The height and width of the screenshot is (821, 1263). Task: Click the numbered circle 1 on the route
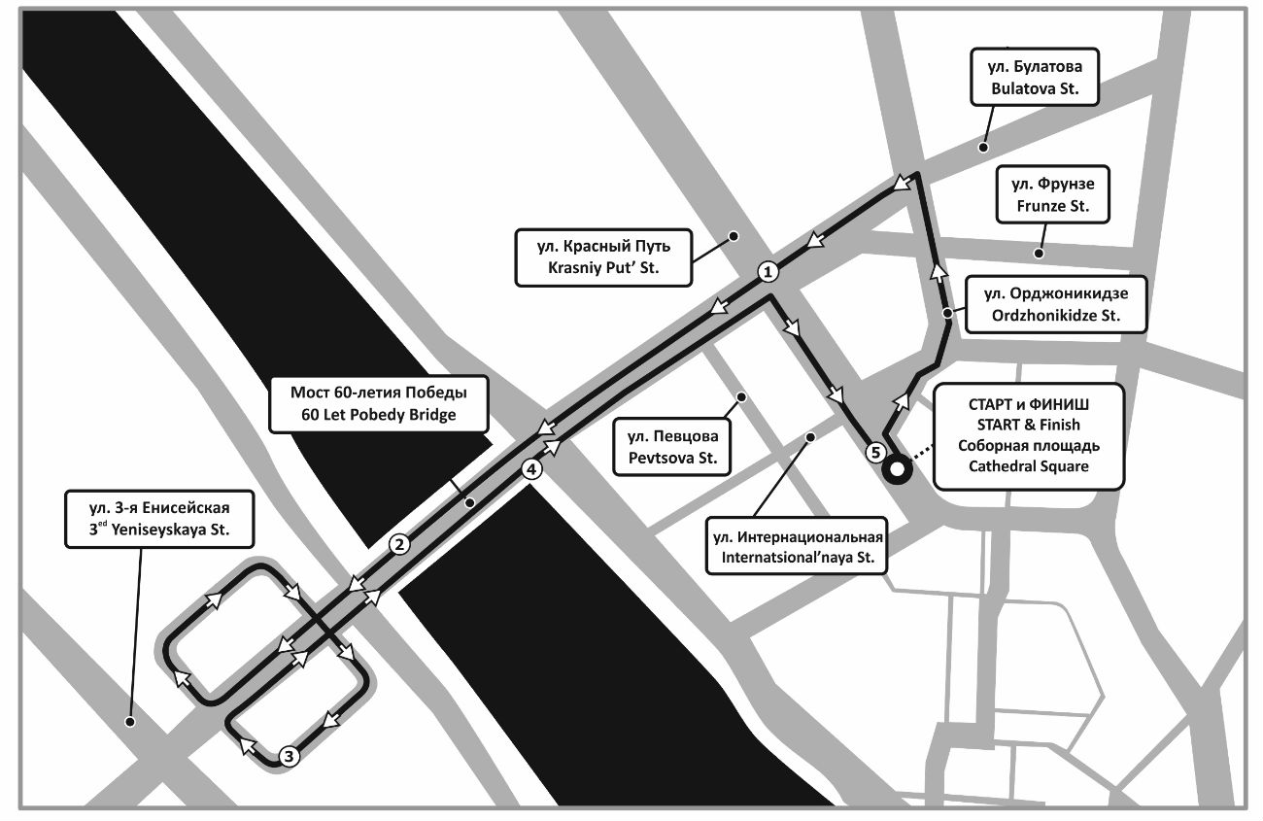(767, 272)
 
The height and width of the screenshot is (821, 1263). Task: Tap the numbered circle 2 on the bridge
(399, 545)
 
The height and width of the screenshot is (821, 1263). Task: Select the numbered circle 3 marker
(289, 756)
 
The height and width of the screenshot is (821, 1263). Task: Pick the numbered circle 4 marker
(531, 468)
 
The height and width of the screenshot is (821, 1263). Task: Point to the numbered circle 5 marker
(875, 452)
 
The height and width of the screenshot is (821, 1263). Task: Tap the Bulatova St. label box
(1035, 78)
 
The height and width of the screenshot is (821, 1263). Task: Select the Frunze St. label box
(1053, 194)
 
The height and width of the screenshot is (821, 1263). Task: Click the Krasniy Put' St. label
(603, 257)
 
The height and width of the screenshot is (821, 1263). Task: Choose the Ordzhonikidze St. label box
(1056, 304)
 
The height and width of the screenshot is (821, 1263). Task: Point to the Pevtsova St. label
(672, 447)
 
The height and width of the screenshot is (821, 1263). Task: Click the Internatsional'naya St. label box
(797, 546)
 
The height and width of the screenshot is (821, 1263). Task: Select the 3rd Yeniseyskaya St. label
(159, 519)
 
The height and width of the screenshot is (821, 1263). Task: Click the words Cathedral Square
(1029, 466)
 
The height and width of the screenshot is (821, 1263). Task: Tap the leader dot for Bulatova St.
(983, 147)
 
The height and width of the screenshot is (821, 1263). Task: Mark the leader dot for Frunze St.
(1039, 254)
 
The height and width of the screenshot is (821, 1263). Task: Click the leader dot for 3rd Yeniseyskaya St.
(129, 722)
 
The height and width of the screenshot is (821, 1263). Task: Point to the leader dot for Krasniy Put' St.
(734, 236)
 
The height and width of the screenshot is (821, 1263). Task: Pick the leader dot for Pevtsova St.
(741, 397)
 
